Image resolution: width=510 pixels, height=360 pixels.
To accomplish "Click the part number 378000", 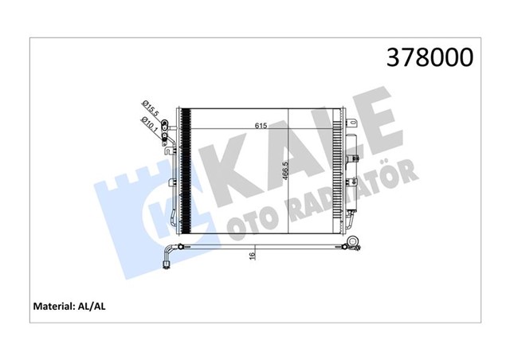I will (430, 57).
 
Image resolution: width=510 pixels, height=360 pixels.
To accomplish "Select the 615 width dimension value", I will (261, 126).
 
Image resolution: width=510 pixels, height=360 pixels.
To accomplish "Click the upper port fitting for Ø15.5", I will (163, 123).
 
